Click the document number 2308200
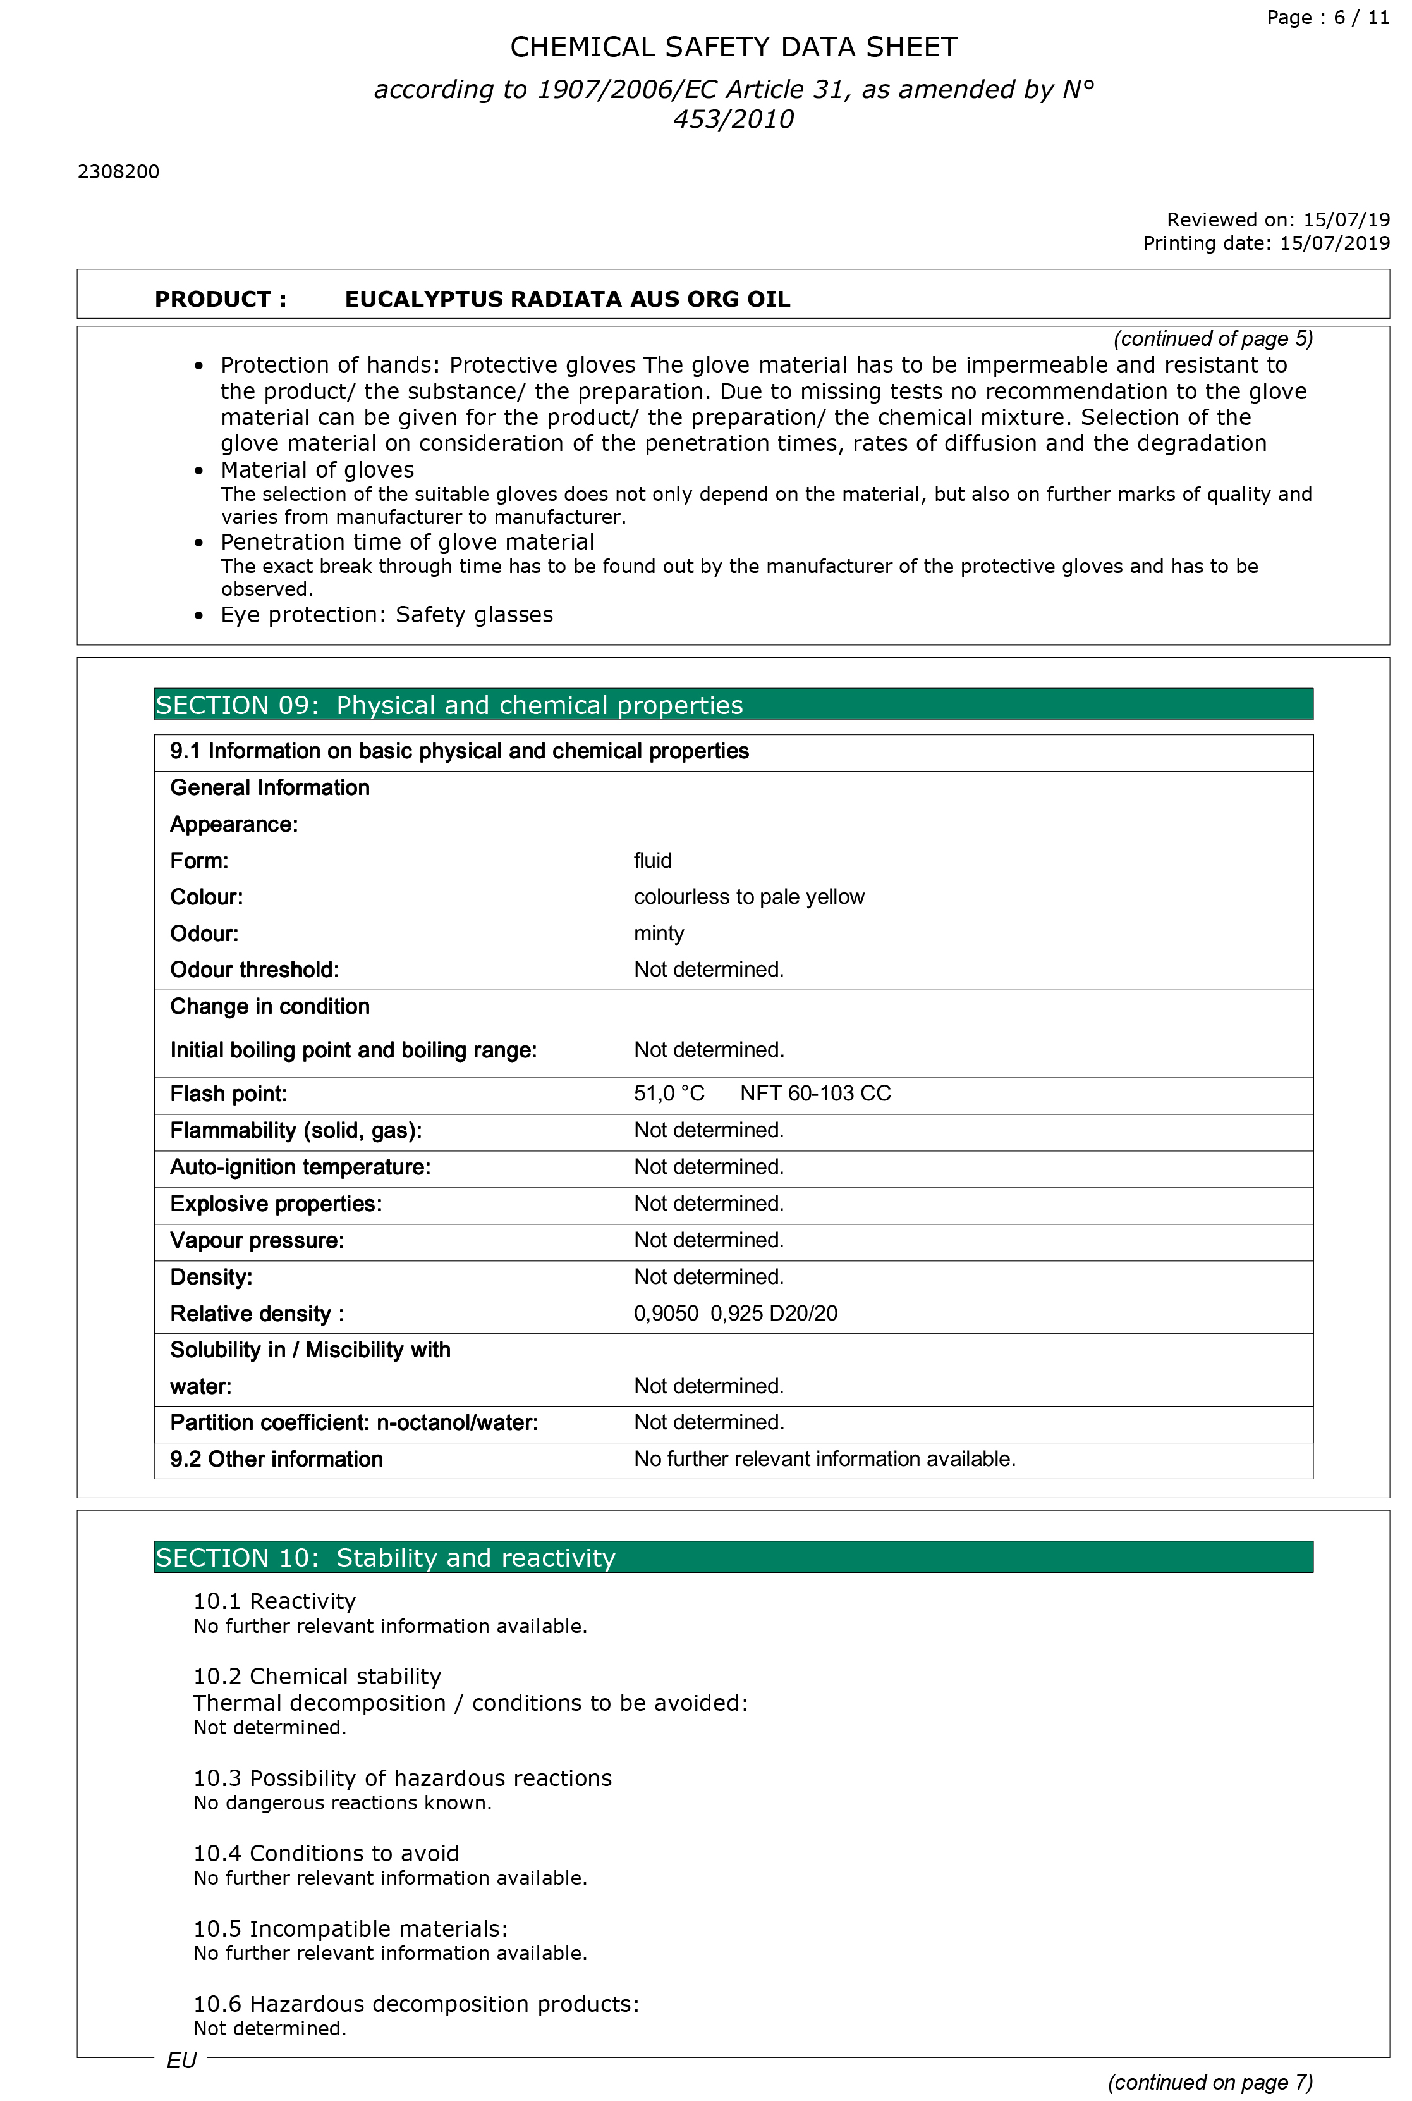pos(118,172)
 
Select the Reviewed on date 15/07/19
pos(1346,220)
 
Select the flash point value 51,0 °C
pos(668,1094)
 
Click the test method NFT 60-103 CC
pos(815,1094)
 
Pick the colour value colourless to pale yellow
pos(748,897)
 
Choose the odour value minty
pos(658,933)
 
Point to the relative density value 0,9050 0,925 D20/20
pos(735,1314)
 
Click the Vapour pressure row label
pos(257,1241)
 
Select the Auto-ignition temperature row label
pos(300,1168)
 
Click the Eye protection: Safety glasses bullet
pos(386,615)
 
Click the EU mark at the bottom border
pos(181,2061)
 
